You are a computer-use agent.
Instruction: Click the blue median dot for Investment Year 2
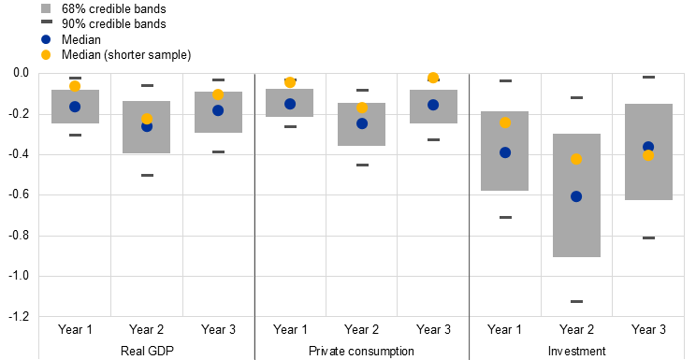(x=576, y=196)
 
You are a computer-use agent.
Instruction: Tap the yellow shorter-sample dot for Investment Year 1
(x=504, y=122)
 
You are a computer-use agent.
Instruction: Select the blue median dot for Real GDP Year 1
(x=75, y=107)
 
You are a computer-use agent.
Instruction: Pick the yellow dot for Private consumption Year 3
(x=433, y=78)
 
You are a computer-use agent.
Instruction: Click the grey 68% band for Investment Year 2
(x=576, y=195)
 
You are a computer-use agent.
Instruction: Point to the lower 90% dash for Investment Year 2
(x=576, y=301)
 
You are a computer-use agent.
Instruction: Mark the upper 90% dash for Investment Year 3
(x=648, y=78)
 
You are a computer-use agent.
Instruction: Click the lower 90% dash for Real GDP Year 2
(x=147, y=176)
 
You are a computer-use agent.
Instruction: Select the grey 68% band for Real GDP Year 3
(x=218, y=112)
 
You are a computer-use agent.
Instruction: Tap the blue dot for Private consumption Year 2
(x=362, y=123)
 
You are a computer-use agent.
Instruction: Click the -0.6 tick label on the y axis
(x=19, y=194)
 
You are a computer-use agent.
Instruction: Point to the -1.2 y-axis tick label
(x=19, y=316)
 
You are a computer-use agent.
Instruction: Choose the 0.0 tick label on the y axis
(x=21, y=73)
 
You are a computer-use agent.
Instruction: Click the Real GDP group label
(x=147, y=351)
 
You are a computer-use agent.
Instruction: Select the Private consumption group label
(x=361, y=351)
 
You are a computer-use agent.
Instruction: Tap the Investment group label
(x=576, y=351)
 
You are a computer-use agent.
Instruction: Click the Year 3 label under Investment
(x=648, y=329)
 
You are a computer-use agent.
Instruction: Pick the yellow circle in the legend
(x=46, y=54)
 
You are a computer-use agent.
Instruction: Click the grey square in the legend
(x=46, y=8)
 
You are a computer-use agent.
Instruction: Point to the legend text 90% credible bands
(x=114, y=24)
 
